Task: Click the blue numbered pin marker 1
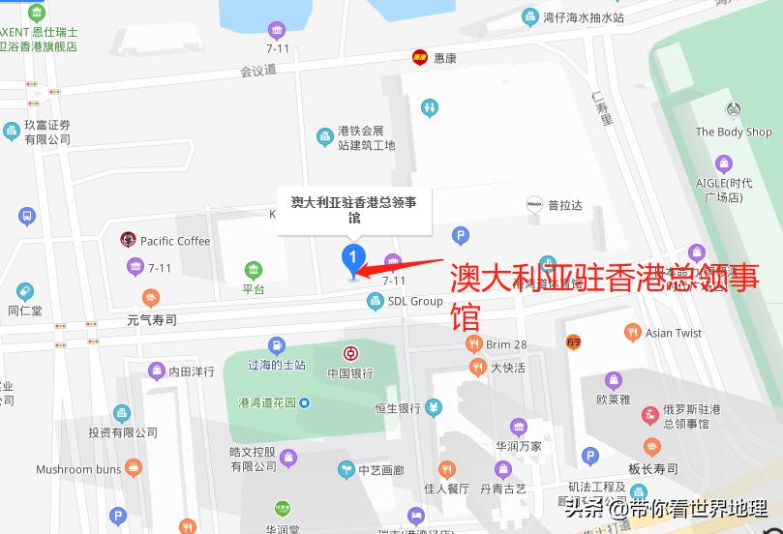353,258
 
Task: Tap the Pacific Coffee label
174,241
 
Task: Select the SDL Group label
414,301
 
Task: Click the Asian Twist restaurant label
673,333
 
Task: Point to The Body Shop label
733,133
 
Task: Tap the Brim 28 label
506,344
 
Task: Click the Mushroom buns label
78,470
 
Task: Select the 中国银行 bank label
349,373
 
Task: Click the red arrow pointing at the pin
402,265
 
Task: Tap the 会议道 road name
258,70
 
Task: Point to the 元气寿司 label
152,318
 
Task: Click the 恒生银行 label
398,408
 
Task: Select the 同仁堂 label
25,311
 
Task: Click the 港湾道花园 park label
267,402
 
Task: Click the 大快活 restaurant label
507,368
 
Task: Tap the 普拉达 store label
564,205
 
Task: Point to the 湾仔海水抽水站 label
583,17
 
